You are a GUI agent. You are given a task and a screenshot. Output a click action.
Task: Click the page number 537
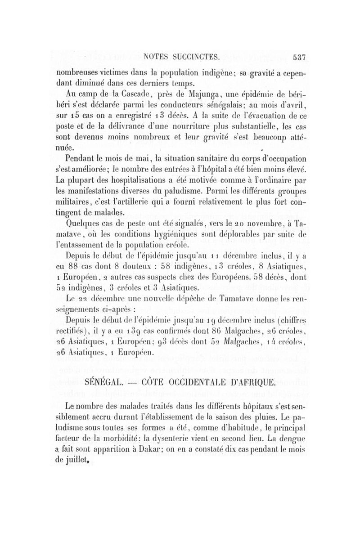299,57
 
